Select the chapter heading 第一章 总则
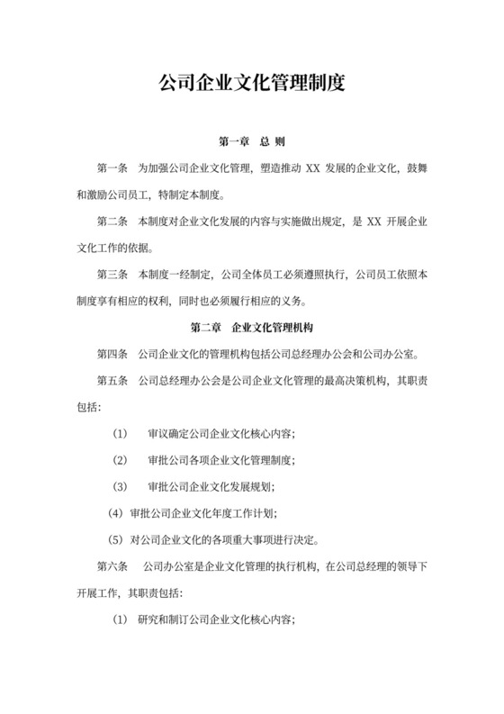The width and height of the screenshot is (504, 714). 252,142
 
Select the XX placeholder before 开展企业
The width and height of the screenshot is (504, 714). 370,221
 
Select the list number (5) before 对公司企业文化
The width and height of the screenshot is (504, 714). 113,540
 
